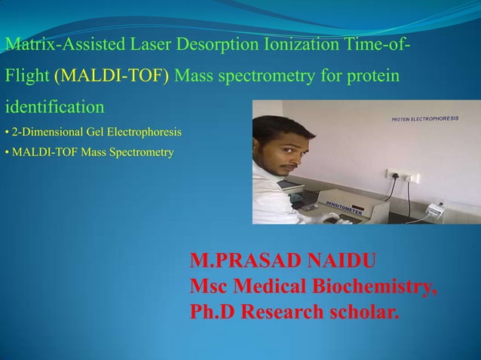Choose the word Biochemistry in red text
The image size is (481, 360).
click(x=385, y=287)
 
